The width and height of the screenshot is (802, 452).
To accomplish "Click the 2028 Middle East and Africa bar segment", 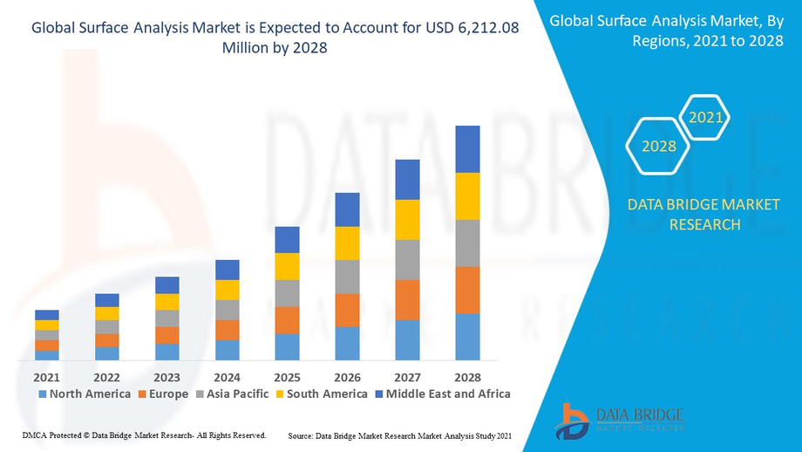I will (x=468, y=149).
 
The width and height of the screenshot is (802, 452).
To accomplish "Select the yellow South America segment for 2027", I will (x=407, y=220).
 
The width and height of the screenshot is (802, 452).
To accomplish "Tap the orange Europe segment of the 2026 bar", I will (x=347, y=310).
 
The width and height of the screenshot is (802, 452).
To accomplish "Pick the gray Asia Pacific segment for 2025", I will (x=287, y=293).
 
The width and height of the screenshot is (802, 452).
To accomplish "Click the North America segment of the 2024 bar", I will (x=227, y=350).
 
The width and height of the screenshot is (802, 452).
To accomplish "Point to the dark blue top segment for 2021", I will (x=47, y=315).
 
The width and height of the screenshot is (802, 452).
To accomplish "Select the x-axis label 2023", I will (x=167, y=377).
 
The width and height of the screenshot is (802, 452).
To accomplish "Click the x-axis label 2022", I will (x=106, y=377).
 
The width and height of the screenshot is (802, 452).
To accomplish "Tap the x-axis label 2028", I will (x=468, y=377).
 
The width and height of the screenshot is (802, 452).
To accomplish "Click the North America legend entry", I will (x=85, y=394).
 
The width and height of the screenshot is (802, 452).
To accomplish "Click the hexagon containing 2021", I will (x=704, y=117).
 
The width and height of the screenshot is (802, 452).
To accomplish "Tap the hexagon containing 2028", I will (x=659, y=146).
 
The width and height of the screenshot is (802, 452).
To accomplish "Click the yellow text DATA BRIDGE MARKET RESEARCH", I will (x=704, y=215).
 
